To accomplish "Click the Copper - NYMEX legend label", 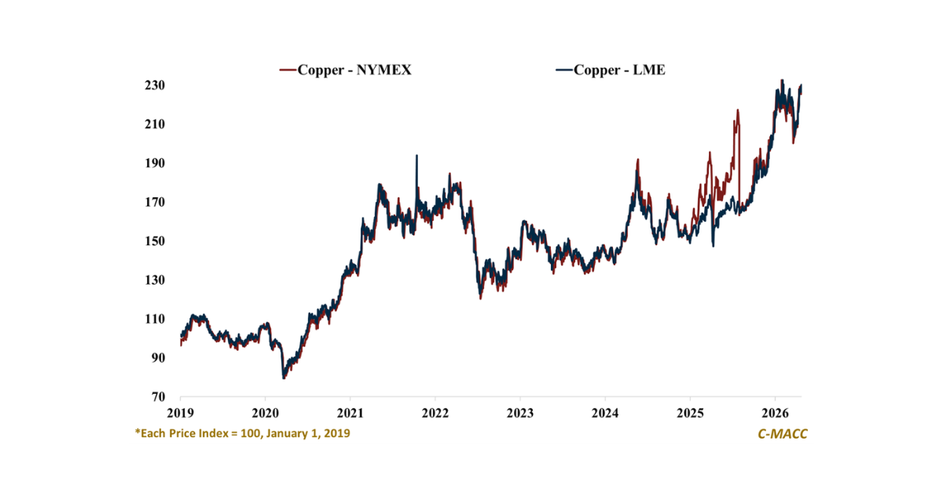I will point(354,70).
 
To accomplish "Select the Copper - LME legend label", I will point(620,70).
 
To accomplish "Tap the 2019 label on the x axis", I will point(180,413).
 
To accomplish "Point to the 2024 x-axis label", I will point(605,413).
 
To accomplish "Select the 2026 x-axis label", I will point(775,413).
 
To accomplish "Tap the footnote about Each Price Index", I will point(243,433).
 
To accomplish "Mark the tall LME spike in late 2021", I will point(416,156).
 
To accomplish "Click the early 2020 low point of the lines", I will point(284,377).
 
